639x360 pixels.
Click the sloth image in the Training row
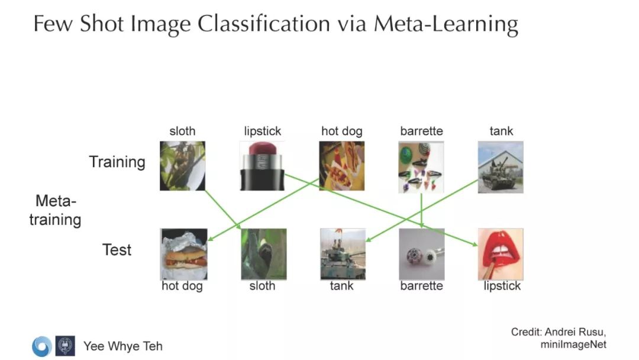pyautogui.click(x=182, y=166)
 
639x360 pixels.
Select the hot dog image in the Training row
pyautogui.click(x=341, y=166)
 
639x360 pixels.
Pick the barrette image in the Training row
pyautogui.click(x=421, y=167)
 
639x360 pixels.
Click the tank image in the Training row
pyautogui.click(x=501, y=166)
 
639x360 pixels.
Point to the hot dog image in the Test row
pyautogui.click(x=183, y=254)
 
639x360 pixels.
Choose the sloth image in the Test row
pyautogui.click(x=263, y=254)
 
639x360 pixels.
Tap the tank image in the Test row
pyautogui.click(x=342, y=254)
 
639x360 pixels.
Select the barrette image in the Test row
pyautogui.click(x=421, y=254)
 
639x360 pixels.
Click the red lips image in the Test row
pyautogui.click(x=500, y=254)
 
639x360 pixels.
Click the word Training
pyautogui.click(x=117, y=162)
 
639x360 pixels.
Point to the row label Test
pyautogui.click(x=117, y=250)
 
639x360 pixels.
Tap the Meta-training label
pyautogui.click(x=56, y=210)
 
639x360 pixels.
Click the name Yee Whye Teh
pyautogui.click(x=122, y=346)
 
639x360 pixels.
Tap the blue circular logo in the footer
pyautogui.click(x=41, y=346)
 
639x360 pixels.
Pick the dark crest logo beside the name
pyautogui.click(x=65, y=346)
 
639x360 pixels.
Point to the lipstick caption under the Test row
pyautogui.click(x=502, y=286)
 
